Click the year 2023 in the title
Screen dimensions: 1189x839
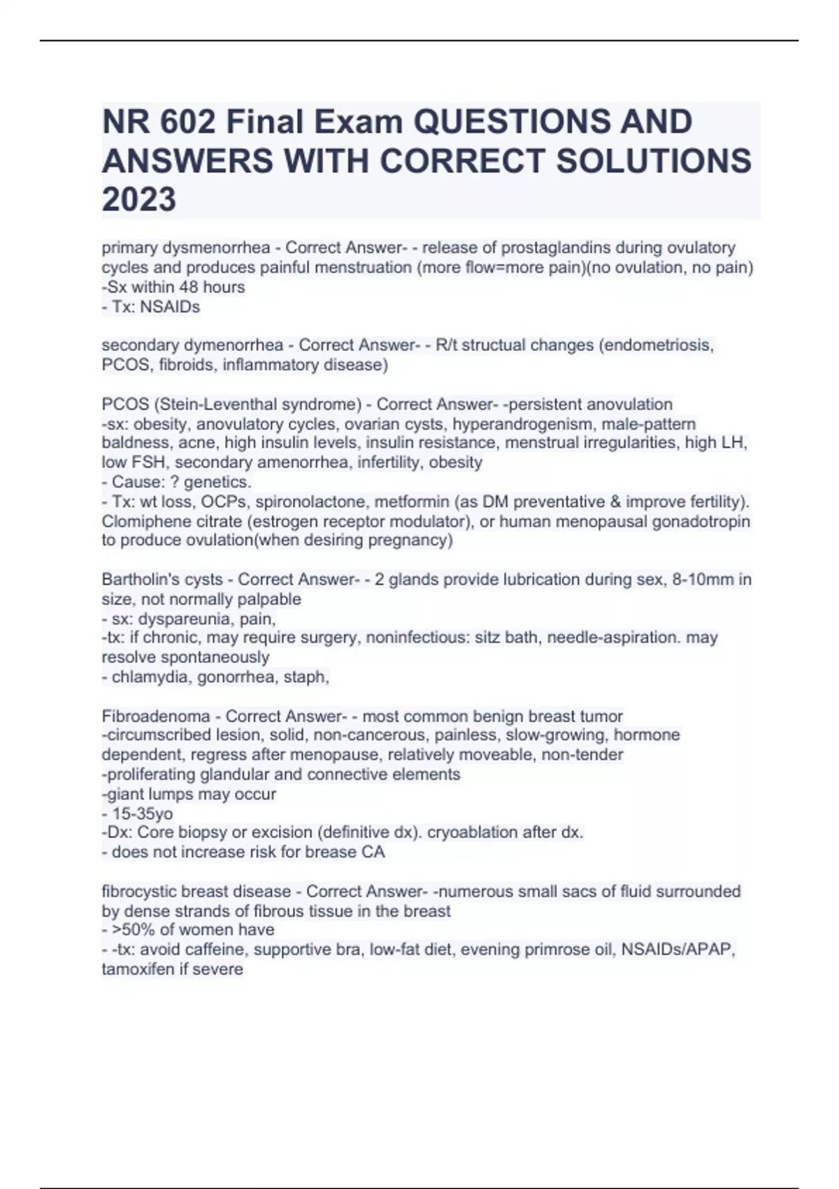139,199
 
